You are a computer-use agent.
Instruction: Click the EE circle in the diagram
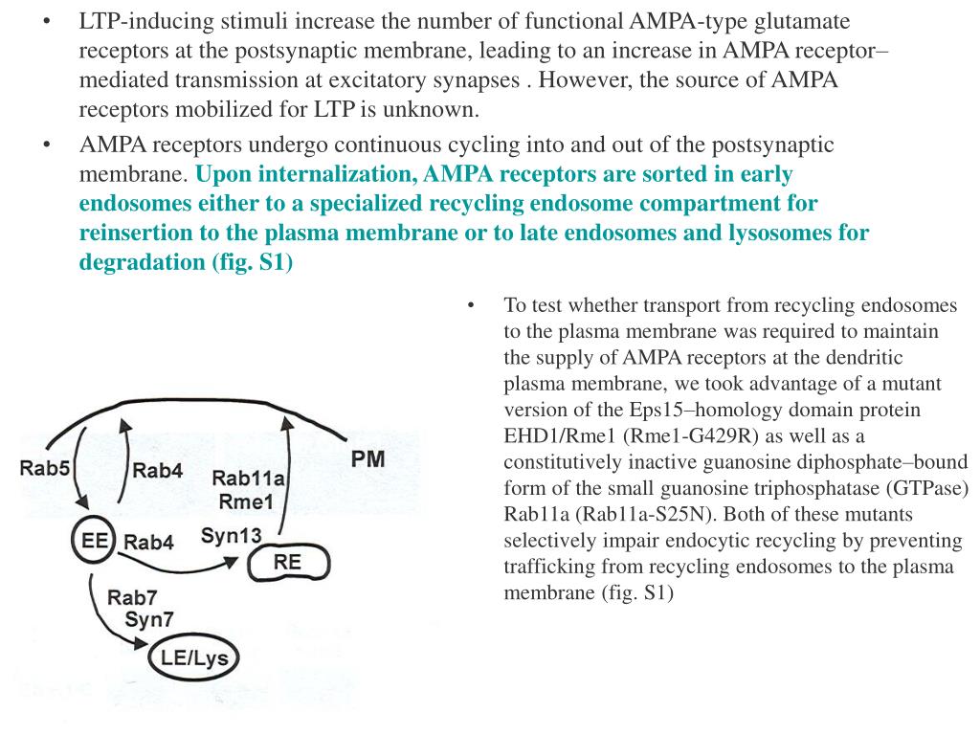(93, 541)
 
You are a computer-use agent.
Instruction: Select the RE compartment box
(287, 562)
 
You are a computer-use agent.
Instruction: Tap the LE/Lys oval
(195, 657)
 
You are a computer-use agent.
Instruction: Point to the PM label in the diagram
(367, 458)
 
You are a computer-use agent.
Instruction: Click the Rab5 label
(44, 469)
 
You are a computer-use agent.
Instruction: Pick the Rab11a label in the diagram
(246, 479)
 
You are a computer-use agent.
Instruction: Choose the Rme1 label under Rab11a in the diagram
(246, 501)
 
